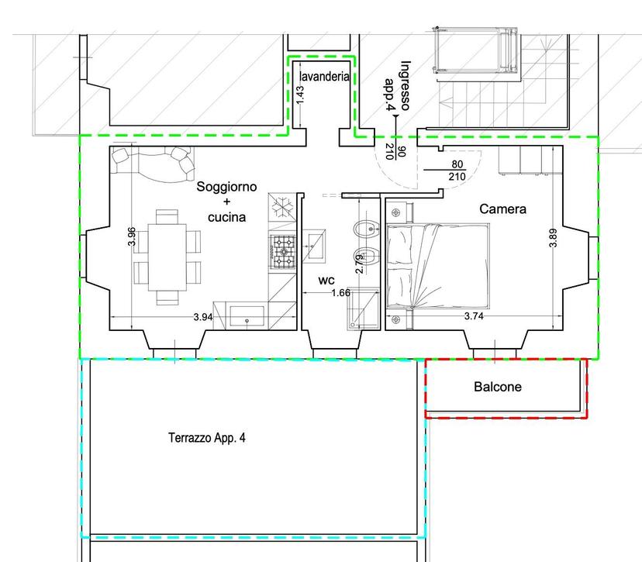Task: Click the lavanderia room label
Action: pyautogui.click(x=324, y=77)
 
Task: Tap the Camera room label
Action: pyautogui.click(x=502, y=209)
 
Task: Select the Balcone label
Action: pyautogui.click(x=498, y=387)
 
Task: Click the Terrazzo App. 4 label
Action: pyautogui.click(x=207, y=438)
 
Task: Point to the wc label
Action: pyautogui.click(x=326, y=281)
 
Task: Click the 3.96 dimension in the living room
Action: pyautogui.click(x=132, y=236)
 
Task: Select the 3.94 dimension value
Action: pyautogui.click(x=203, y=317)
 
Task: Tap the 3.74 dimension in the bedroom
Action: pyautogui.click(x=474, y=316)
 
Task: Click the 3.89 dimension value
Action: pyautogui.click(x=553, y=238)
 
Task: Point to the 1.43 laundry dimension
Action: pyautogui.click(x=300, y=94)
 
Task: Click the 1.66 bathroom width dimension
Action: pyautogui.click(x=340, y=293)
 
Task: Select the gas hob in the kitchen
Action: pyautogui.click(x=282, y=251)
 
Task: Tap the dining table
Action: pyautogui.click(x=167, y=257)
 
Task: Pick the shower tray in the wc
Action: pyautogui.click(x=363, y=309)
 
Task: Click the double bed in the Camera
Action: pyautogui.click(x=438, y=266)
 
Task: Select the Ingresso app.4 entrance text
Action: pyautogui.click(x=397, y=85)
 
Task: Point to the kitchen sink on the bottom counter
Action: pyautogui.click(x=247, y=316)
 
